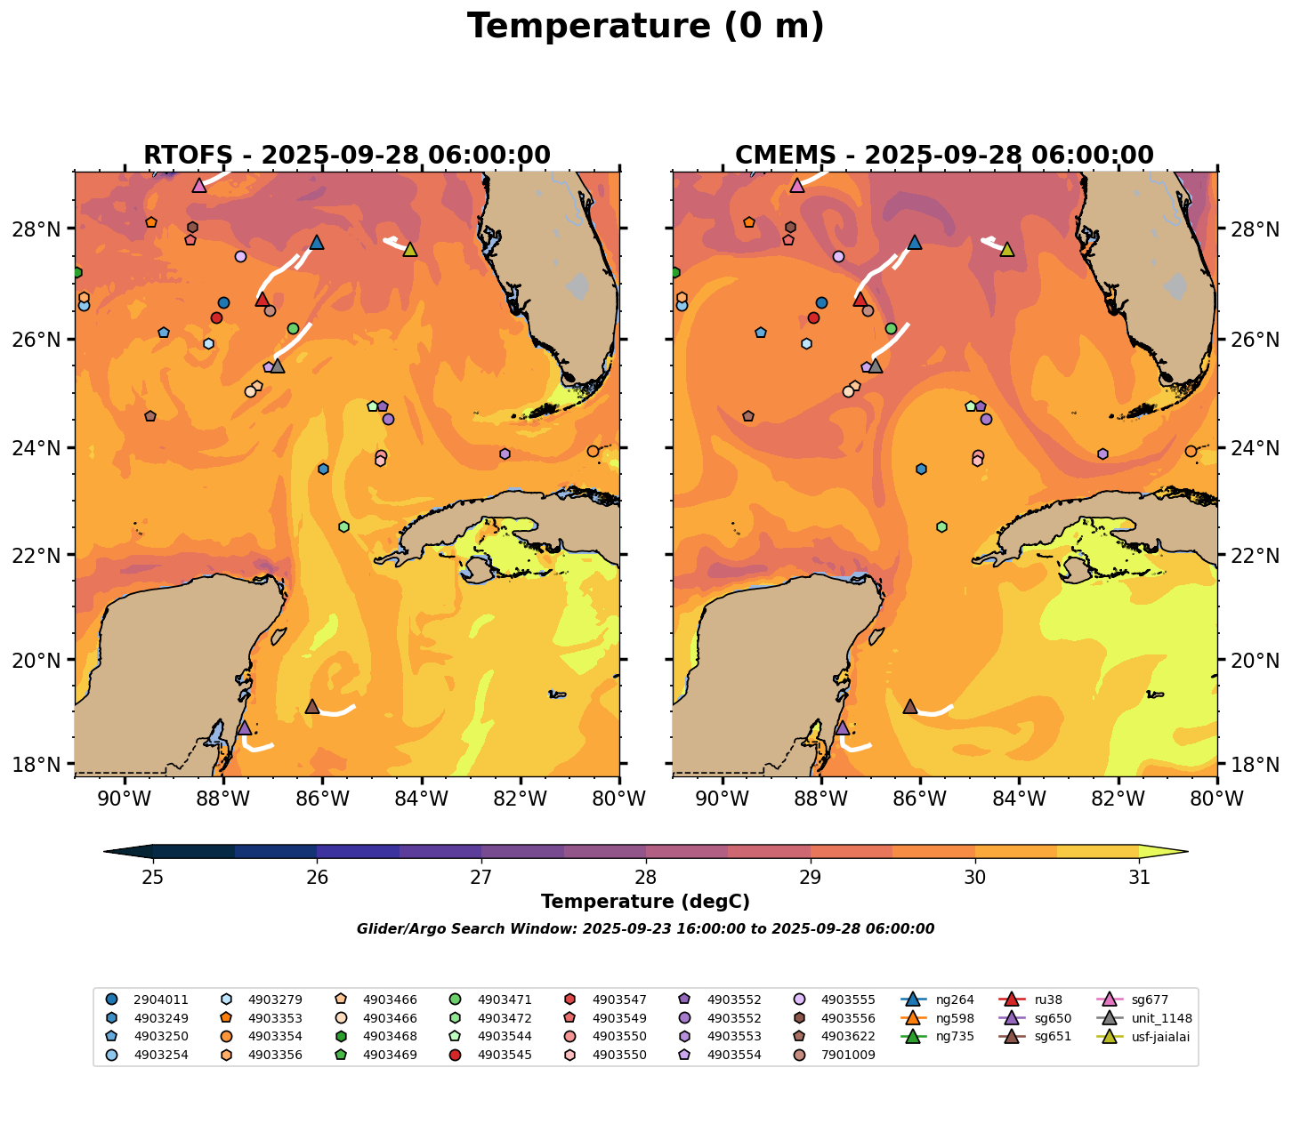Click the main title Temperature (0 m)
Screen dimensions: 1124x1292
(x=645, y=27)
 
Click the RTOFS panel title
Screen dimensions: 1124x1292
(x=347, y=156)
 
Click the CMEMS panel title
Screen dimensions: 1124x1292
(x=944, y=156)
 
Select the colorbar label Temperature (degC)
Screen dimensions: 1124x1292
(x=645, y=902)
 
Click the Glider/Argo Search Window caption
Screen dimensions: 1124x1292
(x=645, y=929)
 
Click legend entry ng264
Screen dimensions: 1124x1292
(x=952, y=1000)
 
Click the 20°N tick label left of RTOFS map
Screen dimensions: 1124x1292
(x=42, y=660)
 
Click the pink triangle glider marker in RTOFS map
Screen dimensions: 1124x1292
(x=199, y=186)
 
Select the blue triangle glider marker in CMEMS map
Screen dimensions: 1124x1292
(x=914, y=242)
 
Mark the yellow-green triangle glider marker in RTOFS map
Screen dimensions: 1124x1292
(x=409, y=249)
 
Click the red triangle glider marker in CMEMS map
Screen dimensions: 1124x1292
(x=860, y=300)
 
